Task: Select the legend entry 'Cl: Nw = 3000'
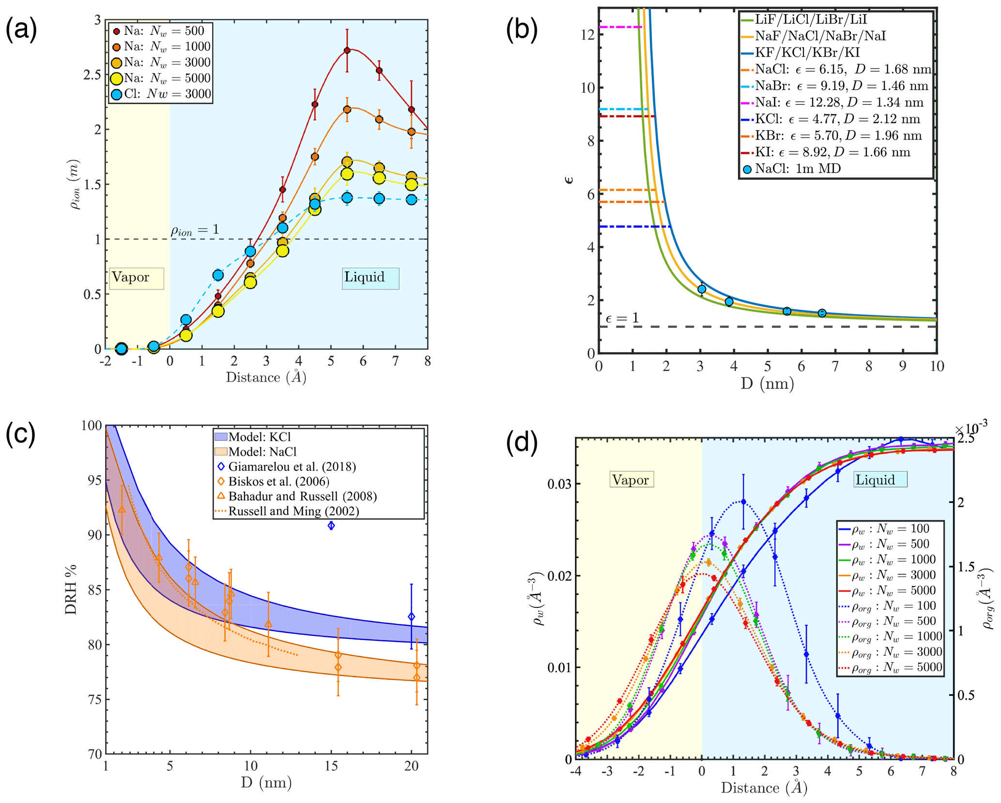coord(162,94)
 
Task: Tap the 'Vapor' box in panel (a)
coord(136,278)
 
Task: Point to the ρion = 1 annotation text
coord(195,230)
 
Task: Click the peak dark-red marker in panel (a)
coord(347,50)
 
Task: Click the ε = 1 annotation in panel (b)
coord(622,318)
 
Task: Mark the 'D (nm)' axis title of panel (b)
coord(767,384)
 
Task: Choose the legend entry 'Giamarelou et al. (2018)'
coord(292,467)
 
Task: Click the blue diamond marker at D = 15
coord(331,525)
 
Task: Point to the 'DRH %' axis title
coord(71,588)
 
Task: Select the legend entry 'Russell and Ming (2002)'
coord(293,511)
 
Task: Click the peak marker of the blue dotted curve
coord(743,502)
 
